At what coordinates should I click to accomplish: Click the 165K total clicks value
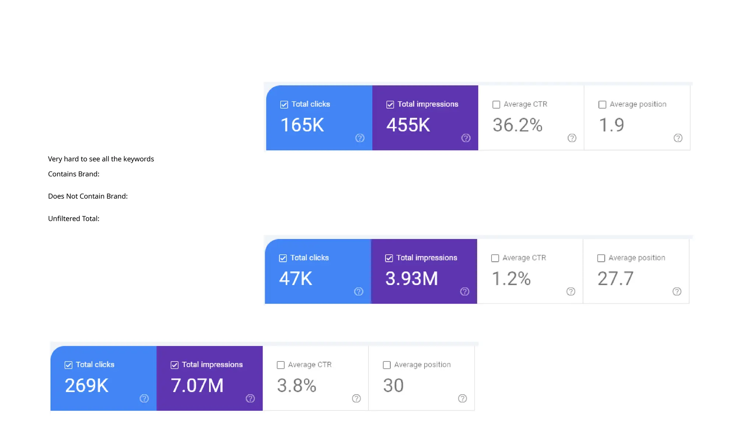[x=302, y=125]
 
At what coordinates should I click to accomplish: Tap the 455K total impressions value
[x=408, y=125]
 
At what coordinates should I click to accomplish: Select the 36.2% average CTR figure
[x=517, y=125]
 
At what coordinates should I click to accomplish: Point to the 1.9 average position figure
[x=611, y=125]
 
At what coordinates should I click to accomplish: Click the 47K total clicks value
[x=296, y=279]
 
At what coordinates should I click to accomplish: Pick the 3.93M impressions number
[x=412, y=279]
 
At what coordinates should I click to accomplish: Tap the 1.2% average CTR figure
[x=511, y=279]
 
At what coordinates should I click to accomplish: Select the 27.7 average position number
[x=615, y=279]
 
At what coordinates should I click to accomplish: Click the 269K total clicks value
[x=87, y=386]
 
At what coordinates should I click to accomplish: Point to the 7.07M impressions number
[x=197, y=386]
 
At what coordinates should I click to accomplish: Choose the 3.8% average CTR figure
[x=296, y=386]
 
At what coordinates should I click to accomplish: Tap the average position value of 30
[x=393, y=386]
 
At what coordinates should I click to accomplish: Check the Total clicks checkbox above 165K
[x=284, y=105]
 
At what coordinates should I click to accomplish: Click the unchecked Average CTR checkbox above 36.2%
[x=496, y=105]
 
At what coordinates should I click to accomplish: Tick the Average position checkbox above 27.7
[x=601, y=258]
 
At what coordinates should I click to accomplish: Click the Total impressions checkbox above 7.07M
[x=175, y=365]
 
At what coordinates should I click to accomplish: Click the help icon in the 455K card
[x=466, y=138]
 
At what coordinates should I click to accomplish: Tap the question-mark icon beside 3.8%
[x=356, y=398]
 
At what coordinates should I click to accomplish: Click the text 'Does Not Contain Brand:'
[x=88, y=196]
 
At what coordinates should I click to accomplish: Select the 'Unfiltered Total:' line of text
[x=74, y=219]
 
